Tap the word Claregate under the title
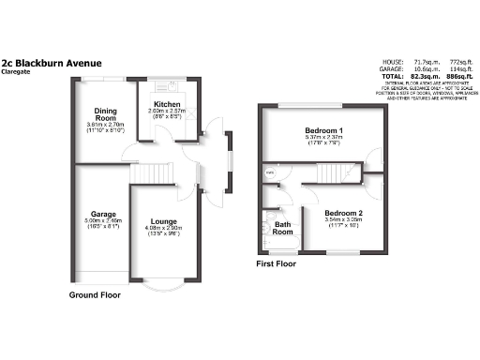17,72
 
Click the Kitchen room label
167,104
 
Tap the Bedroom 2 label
343,214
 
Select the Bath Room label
282,227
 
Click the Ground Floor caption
96,294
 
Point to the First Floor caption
277,264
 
